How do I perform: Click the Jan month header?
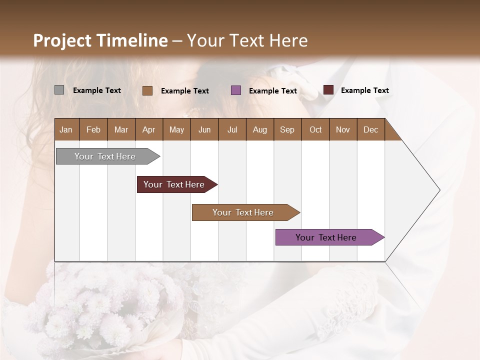[x=66, y=129]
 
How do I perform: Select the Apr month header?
[x=148, y=129]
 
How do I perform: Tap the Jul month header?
[x=232, y=129]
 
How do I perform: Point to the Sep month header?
[x=287, y=129]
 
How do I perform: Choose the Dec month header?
[x=370, y=129]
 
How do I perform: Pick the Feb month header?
[x=93, y=129]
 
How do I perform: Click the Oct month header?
[x=315, y=129]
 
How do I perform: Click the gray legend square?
[x=59, y=90]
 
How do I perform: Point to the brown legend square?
[x=147, y=90]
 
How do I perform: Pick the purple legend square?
[x=236, y=90]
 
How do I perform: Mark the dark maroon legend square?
[x=328, y=90]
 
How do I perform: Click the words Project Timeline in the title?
[x=100, y=40]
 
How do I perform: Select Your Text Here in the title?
[x=247, y=40]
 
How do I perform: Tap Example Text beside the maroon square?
[x=364, y=90]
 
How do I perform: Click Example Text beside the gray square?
[x=97, y=90]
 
